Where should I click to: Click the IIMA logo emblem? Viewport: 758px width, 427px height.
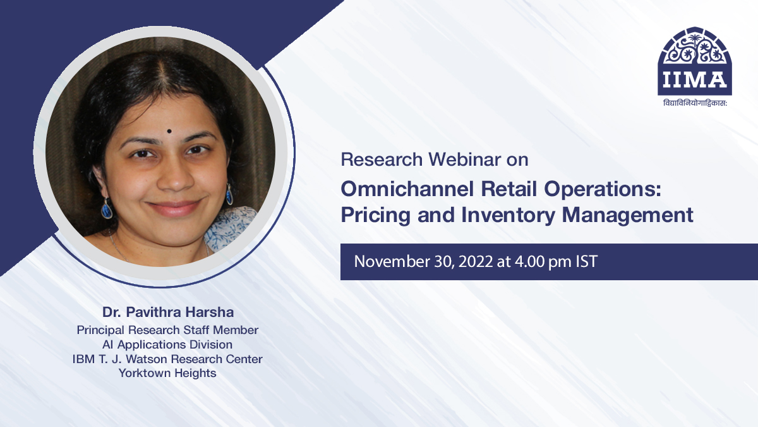(695, 61)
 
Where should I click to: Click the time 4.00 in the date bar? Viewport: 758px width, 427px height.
(531, 261)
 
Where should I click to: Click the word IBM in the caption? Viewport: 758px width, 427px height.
(83, 359)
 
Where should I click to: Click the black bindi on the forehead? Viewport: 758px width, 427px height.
(169, 132)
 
